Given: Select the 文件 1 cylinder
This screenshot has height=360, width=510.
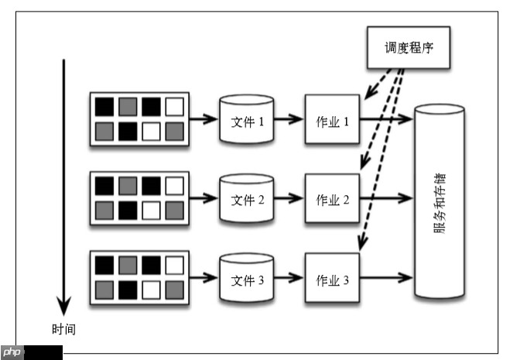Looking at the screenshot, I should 247,121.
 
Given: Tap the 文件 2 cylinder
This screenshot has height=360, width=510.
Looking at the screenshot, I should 247,199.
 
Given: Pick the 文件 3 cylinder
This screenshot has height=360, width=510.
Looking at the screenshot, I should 247,278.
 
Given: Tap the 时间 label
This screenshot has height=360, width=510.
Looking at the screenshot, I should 64,328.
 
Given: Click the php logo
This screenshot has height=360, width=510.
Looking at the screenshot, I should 12,353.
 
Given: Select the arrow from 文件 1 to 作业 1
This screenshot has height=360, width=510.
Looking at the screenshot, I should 289,120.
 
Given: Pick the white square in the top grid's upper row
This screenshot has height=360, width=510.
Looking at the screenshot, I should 174,106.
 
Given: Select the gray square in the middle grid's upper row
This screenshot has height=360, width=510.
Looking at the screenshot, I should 128,185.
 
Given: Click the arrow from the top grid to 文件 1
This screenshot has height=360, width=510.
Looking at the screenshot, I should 204,120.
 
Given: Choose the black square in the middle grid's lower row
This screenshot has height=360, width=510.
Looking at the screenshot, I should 128,210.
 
